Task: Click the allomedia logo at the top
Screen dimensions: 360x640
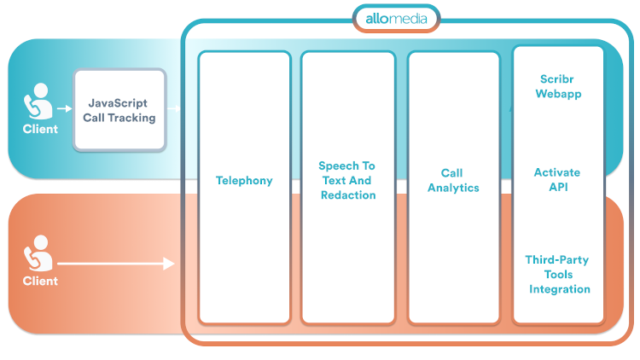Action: (396, 18)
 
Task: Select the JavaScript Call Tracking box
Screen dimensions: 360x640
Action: (119, 110)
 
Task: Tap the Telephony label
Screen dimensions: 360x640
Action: (244, 180)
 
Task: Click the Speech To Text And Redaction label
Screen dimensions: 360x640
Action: (347, 180)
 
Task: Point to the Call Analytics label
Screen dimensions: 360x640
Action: (453, 180)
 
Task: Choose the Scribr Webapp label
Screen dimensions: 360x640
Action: (558, 86)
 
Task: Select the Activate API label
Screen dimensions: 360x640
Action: (557, 180)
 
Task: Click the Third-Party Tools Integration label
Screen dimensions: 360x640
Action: (559, 274)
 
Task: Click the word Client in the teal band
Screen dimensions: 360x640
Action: (40, 129)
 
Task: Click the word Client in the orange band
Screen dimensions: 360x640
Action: (40, 281)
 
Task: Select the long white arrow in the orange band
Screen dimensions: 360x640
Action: (115, 264)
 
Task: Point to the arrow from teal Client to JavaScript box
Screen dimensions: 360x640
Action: (63, 109)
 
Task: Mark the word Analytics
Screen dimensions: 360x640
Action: (453, 188)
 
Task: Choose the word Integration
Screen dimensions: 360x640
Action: (559, 289)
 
